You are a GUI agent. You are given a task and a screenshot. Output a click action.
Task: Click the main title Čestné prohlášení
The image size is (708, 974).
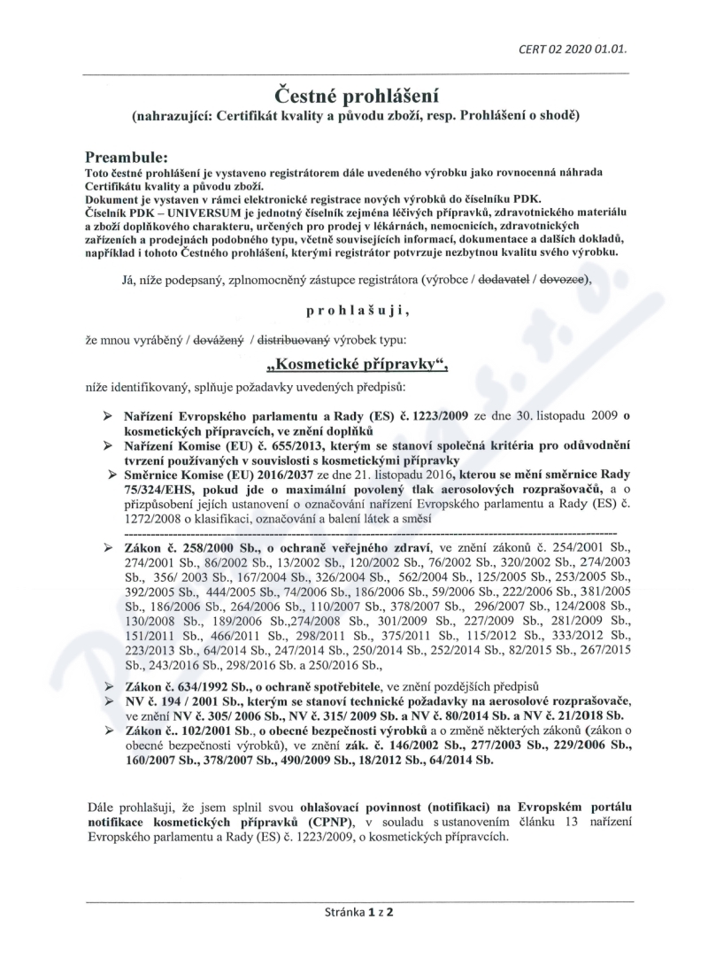coord(353,94)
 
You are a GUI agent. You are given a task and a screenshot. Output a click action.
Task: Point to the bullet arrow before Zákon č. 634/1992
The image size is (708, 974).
coord(107,686)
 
